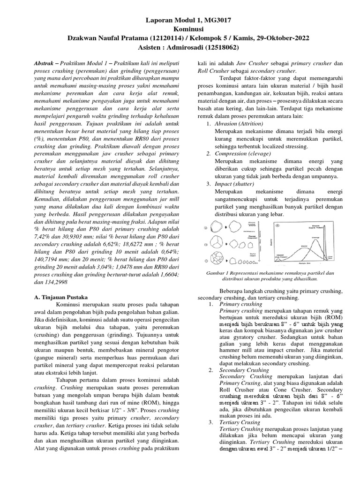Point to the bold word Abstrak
(47, 62)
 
